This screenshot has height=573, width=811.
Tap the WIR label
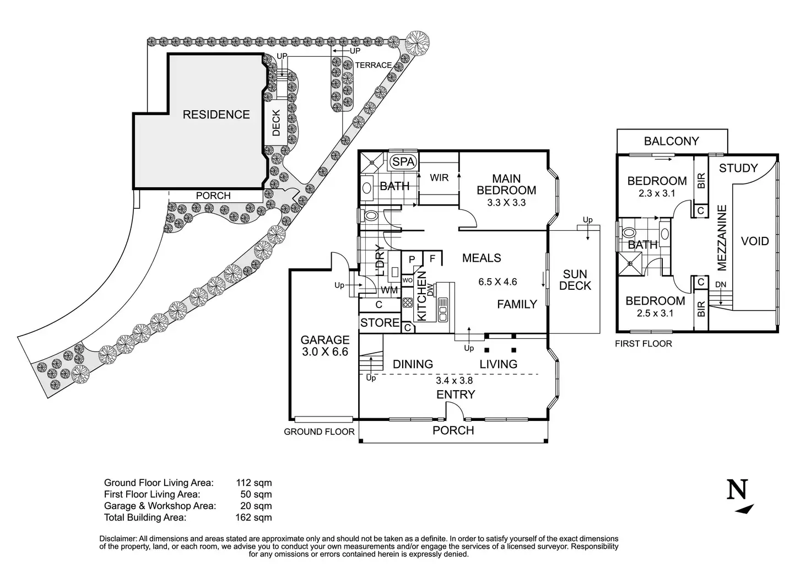tap(439, 178)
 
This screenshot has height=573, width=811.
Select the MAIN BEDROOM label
tap(506, 185)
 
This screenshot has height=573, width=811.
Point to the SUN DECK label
tap(575, 280)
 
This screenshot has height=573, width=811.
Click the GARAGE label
tap(325, 340)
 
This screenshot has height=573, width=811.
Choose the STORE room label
tap(380, 323)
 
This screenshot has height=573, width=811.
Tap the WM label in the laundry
tap(390, 290)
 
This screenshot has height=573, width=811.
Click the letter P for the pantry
tap(412, 260)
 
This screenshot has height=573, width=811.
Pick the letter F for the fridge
tap(432, 258)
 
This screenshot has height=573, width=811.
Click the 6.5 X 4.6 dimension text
tap(498, 282)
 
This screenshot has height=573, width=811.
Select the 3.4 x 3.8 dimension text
tap(454, 380)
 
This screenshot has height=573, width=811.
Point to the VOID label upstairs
tap(755, 241)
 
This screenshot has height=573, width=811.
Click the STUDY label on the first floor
tap(738, 168)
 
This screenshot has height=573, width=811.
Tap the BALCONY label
tap(671, 141)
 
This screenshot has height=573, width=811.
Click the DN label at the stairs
tap(720, 284)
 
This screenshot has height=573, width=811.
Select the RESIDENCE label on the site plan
tap(216, 115)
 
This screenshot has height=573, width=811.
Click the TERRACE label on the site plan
tap(374, 65)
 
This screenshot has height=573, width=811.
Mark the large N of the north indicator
tap(738, 490)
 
